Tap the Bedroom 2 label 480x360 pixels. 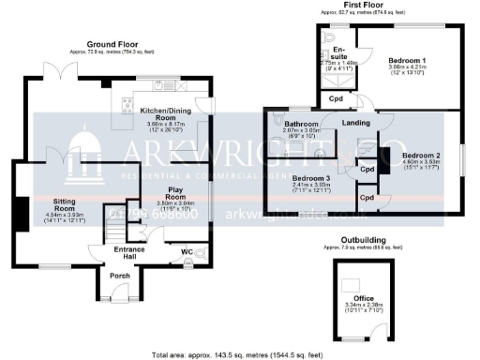420,155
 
